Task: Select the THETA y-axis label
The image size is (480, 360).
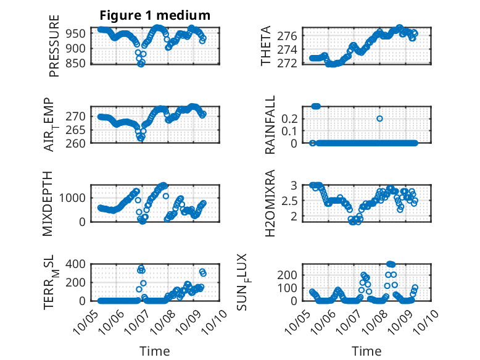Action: (266, 46)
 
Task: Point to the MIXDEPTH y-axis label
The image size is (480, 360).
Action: (48, 203)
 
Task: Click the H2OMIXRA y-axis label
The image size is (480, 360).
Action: (270, 203)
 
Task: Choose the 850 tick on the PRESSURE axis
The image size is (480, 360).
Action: (80, 63)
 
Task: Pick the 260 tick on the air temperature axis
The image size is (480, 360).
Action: (80, 143)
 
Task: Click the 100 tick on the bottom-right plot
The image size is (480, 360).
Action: (294, 288)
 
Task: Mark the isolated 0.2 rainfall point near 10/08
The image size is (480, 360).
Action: (379, 119)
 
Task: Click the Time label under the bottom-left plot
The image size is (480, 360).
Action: (154, 351)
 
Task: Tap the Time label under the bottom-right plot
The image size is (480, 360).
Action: (367, 351)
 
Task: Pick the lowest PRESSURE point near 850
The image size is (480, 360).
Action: (141, 64)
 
